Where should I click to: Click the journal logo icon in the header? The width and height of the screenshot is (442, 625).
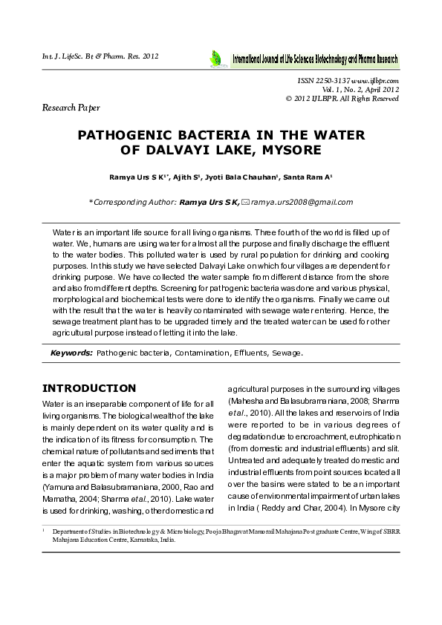215,57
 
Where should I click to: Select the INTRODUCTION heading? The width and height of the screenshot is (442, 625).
89,388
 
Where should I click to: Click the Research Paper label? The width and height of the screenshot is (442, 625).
71,108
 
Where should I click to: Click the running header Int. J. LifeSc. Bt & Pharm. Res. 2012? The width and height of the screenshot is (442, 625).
100,56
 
